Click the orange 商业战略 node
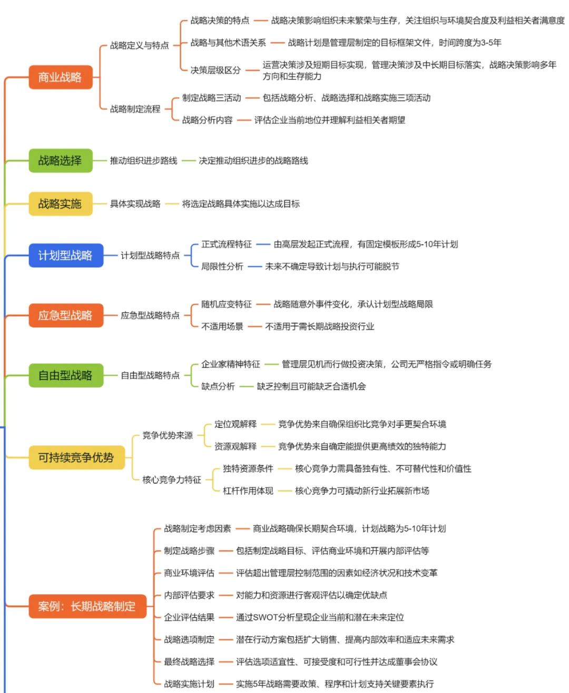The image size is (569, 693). (x=60, y=77)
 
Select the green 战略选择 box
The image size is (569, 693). (x=60, y=161)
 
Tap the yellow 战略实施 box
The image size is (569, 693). (x=60, y=204)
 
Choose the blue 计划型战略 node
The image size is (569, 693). (x=65, y=256)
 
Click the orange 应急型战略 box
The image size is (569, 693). (x=65, y=316)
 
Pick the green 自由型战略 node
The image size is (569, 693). (x=65, y=376)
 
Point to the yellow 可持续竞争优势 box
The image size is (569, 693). (x=76, y=457)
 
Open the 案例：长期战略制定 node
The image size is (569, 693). (x=87, y=607)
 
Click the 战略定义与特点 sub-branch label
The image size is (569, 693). (x=140, y=46)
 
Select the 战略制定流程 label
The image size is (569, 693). (x=135, y=109)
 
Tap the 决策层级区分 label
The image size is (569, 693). (x=215, y=70)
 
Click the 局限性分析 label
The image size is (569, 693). (x=222, y=267)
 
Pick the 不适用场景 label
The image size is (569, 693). (x=222, y=327)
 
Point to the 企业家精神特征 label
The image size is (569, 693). (x=231, y=364)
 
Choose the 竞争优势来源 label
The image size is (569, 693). (x=168, y=435)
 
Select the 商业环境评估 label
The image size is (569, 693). (x=189, y=573)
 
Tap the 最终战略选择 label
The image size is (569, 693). (x=189, y=662)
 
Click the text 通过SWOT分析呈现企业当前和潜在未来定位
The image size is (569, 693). (x=320, y=618)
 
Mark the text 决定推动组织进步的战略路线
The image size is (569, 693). (x=253, y=161)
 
